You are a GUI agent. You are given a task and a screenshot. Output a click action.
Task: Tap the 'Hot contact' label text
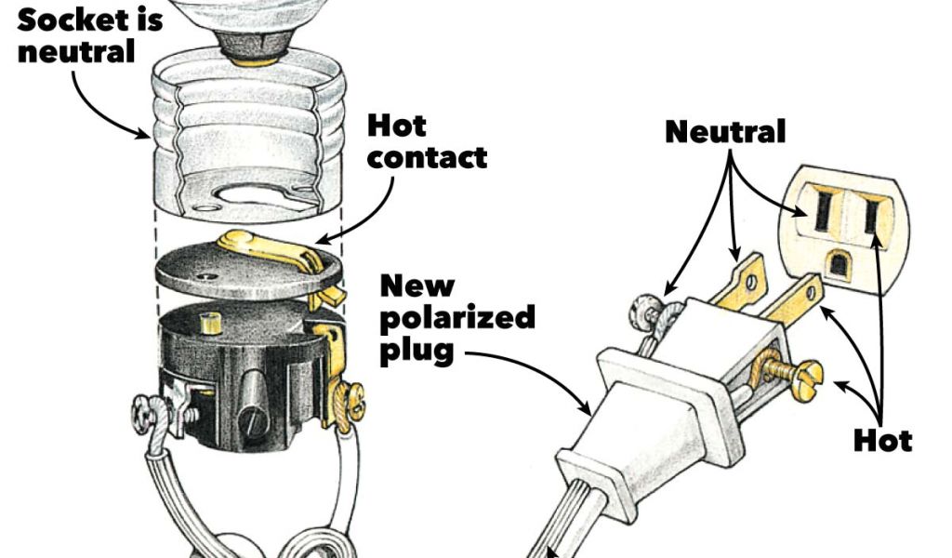click(x=427, y=140)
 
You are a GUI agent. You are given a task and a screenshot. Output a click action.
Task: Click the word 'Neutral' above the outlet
click(x=725, y=131)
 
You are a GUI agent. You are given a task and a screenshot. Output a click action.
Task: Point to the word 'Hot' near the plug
click(x=882, y=439)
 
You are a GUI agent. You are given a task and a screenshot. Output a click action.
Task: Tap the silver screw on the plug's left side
click(x=644, y=309)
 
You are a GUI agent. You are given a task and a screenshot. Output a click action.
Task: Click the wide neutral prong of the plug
click(x=740, y=284)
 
